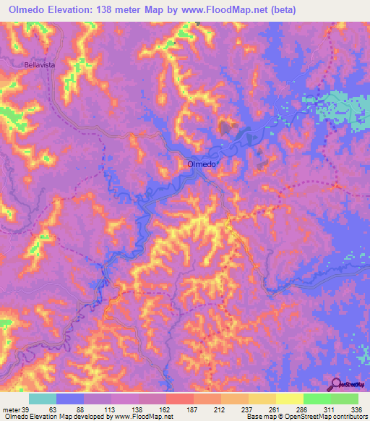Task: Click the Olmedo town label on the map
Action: tap(202, 164)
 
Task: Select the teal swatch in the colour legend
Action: tap(43, 399)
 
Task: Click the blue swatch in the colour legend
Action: tap(70, 399)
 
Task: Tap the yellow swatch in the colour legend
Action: tap(290, 399)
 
